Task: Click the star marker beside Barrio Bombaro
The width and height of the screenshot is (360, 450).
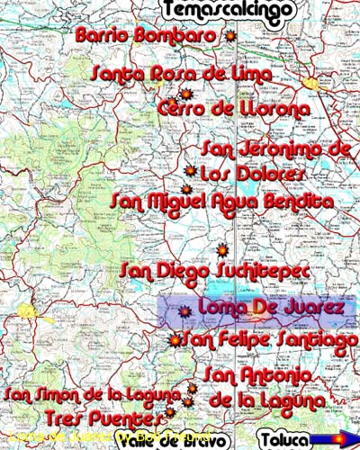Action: [229, 37]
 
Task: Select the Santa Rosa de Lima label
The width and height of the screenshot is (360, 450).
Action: [162, 75]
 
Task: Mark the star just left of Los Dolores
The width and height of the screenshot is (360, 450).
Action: [190, 170]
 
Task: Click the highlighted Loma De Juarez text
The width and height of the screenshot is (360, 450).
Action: [271, 309]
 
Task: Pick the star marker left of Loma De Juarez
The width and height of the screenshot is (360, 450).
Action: [184, 312]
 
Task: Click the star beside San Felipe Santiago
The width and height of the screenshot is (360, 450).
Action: [175, 340]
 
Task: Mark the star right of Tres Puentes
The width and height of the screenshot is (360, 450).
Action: [169, 416]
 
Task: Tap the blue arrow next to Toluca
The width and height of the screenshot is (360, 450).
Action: [332, 439]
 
